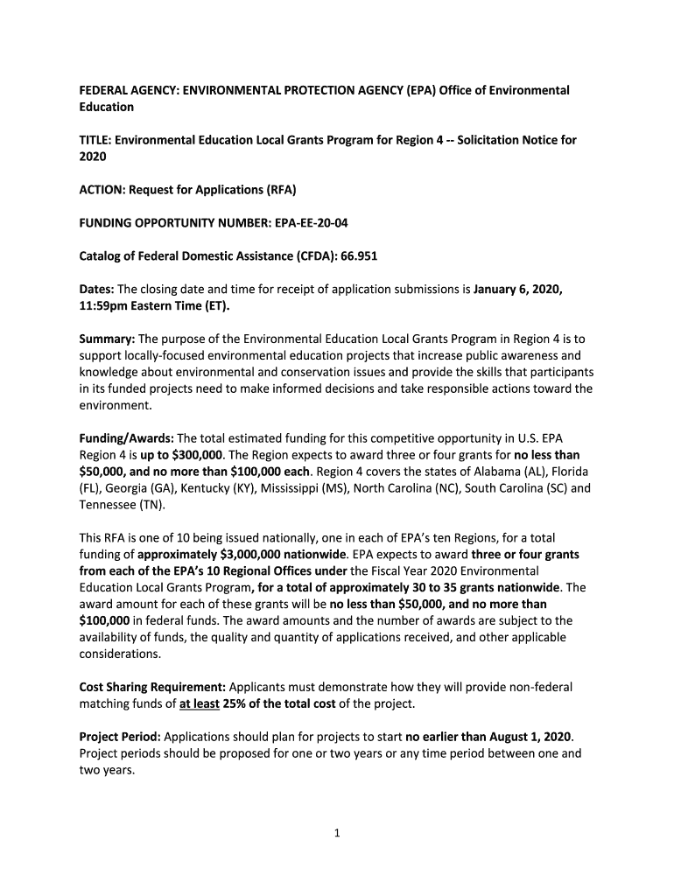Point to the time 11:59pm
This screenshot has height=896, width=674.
click(109, 306)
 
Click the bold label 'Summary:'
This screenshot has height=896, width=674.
click(108, 339)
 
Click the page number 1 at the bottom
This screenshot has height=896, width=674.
click(337, 833)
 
